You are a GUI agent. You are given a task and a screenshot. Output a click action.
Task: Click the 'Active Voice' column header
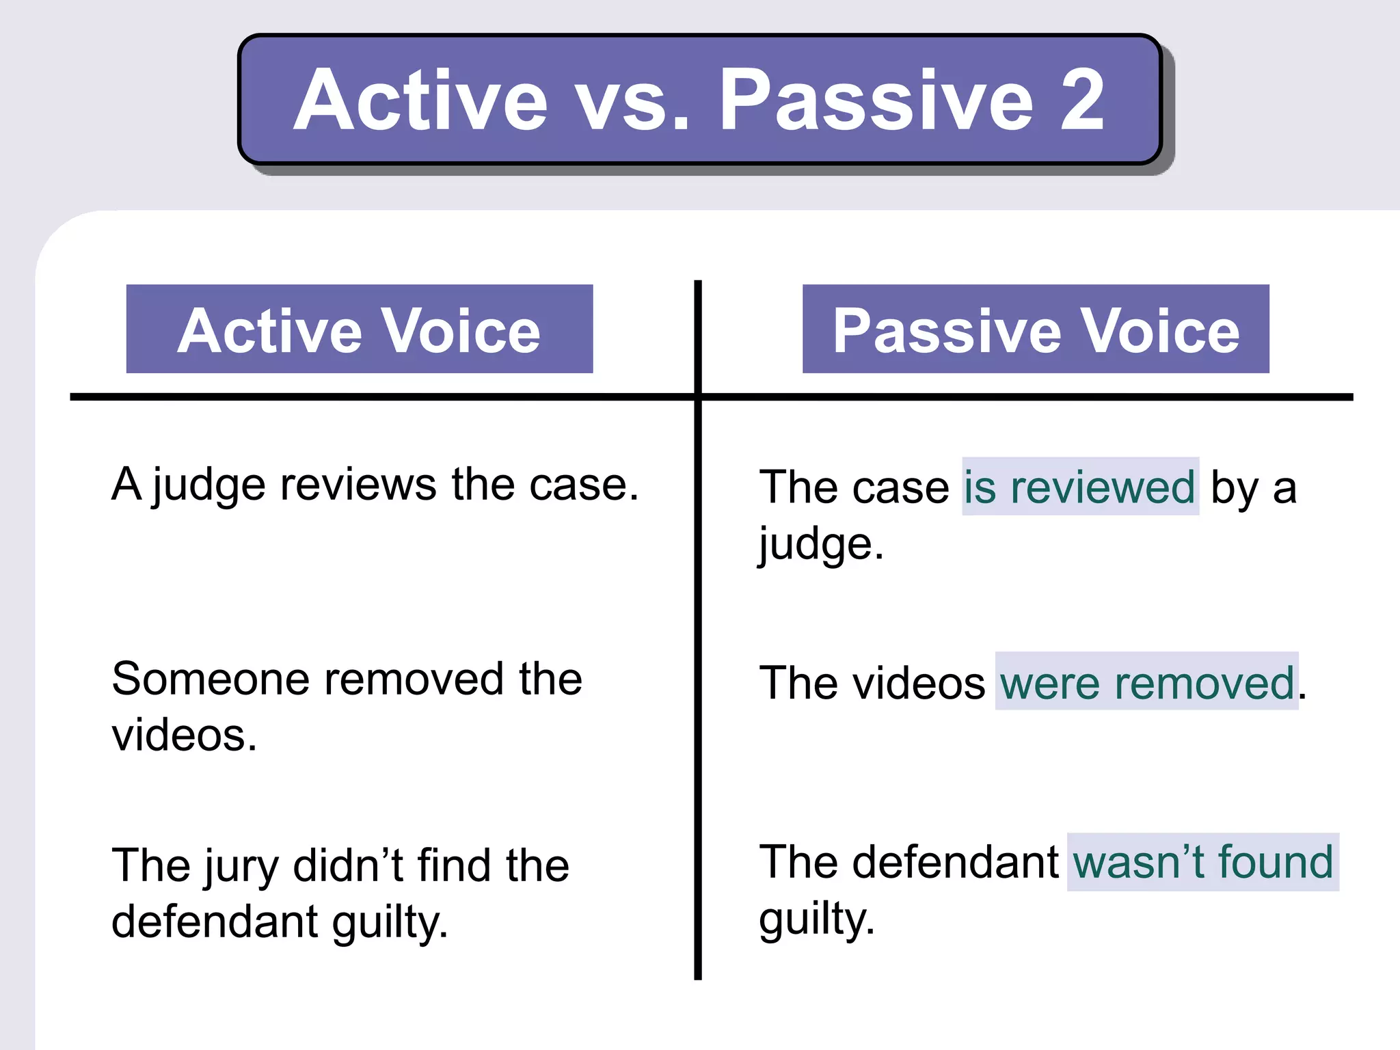(360, 329)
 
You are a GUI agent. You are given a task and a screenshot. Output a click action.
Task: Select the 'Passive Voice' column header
(1036, 329)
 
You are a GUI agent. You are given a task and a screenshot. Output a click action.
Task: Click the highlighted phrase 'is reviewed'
(1080, 487)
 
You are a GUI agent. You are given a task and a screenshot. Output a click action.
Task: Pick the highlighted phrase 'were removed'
(1147, 682)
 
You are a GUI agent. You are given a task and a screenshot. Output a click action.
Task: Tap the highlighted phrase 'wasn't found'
(1203, 861)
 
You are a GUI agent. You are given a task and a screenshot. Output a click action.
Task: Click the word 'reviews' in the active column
(359, 484)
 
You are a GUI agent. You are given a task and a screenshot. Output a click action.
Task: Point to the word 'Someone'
(211, 679)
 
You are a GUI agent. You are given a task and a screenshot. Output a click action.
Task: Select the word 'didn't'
(349, 865)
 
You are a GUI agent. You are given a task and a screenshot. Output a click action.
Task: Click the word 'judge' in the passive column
(816, 546)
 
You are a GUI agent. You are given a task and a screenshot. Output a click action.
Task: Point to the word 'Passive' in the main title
(876, 100)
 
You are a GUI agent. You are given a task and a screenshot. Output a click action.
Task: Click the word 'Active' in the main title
(420, 100)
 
